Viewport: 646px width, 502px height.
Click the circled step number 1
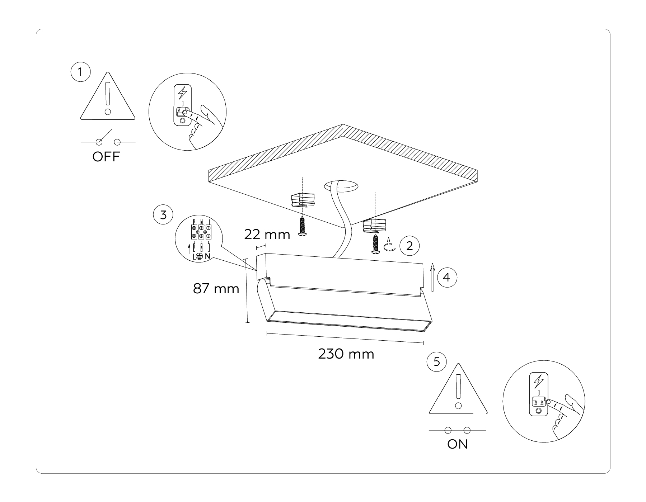pos(80,72)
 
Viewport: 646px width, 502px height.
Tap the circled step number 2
pos(409,246)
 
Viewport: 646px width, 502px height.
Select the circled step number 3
pos(163,215)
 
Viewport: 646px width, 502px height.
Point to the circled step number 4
pos(447,277)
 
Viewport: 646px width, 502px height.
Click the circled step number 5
pos(436,361)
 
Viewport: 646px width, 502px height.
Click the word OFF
pos(106,157)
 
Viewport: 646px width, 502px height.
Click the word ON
pos(457,444)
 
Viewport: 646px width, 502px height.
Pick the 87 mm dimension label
pos(216,288)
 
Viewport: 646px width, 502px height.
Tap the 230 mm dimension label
pos(346,354)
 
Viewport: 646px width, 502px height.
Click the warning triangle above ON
pos(458,391)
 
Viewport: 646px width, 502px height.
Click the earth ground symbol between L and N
pos(200,256)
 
